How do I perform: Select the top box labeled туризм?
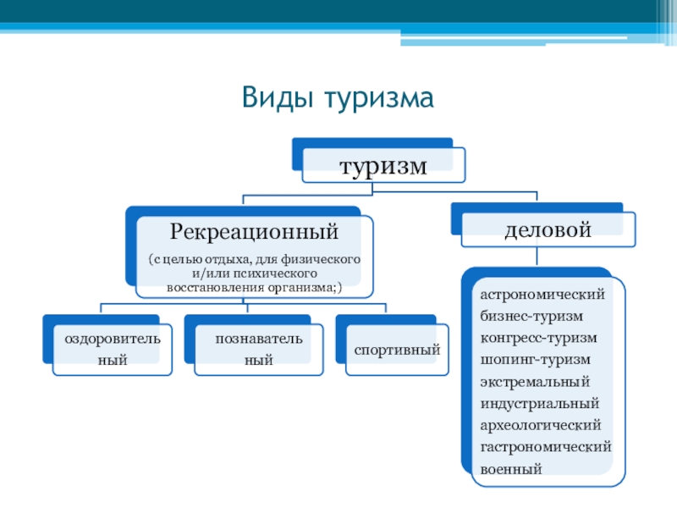pos(383,166)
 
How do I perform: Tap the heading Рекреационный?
pos(255,230)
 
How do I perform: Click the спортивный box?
pos(398,349)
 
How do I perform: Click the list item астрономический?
pos(542,295)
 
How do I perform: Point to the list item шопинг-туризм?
pos(536,359)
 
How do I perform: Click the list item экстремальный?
pos(534,381)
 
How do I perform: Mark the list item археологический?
pos(541,424)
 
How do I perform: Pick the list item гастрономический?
pos(546,445)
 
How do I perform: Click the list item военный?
pos(511,467)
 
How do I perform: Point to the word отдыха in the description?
pos(223,260)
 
